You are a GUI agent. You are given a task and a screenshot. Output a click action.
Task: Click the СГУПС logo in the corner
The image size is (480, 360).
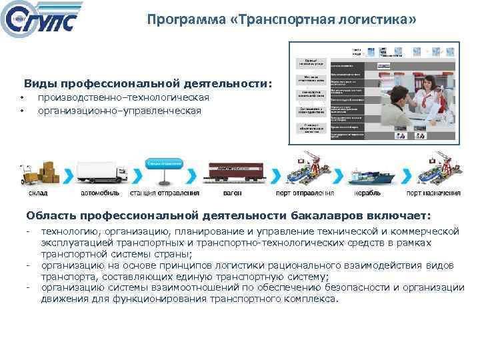(x=41, y=21)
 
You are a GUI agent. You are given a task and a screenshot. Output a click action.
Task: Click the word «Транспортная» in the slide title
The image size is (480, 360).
(x=277, y=20)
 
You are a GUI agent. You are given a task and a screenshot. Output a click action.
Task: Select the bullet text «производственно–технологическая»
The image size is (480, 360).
(x=123, y=98)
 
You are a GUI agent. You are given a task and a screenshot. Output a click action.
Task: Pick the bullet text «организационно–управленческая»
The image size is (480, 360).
(x=119, y=111)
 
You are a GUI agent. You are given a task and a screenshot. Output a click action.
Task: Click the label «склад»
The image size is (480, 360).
(x=38, y=194)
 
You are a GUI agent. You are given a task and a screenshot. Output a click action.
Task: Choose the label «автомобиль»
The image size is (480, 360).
(x=100, y=194)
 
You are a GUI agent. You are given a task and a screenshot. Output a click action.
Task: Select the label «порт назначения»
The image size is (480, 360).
(x=434, y=194)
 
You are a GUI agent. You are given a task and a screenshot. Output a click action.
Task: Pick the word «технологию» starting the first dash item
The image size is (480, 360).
(x=69, y=231)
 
